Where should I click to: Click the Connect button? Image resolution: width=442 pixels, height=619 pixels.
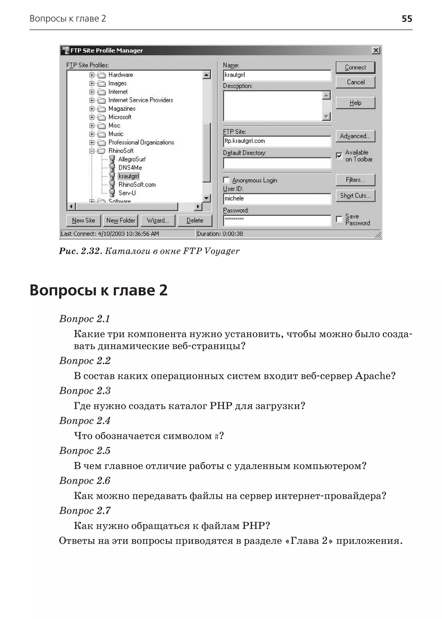pos(355,68)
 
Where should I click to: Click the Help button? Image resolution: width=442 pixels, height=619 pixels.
pos(355,103)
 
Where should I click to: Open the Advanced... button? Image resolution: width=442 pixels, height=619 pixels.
pos(355,136)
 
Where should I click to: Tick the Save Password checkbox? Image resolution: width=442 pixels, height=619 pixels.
pos(339,219)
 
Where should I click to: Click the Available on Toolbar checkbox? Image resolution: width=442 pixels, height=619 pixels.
pos(339,155)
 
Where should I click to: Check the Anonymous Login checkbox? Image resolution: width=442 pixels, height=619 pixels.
pos(226,180)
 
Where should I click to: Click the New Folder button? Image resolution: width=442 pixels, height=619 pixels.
pos(121,221)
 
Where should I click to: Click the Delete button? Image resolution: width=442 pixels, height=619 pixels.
pos(195,221)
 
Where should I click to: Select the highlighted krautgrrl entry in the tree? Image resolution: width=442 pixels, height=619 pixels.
pos(129,176)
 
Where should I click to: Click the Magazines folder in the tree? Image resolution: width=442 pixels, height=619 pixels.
pos(122,109)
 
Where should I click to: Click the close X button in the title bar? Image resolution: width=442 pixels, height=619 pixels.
pos(376,50)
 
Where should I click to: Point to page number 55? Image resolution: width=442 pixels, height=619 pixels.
pos(407,19)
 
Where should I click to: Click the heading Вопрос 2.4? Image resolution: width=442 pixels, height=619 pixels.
pos(85,421)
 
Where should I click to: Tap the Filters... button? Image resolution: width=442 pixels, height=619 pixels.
pos(355,180)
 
